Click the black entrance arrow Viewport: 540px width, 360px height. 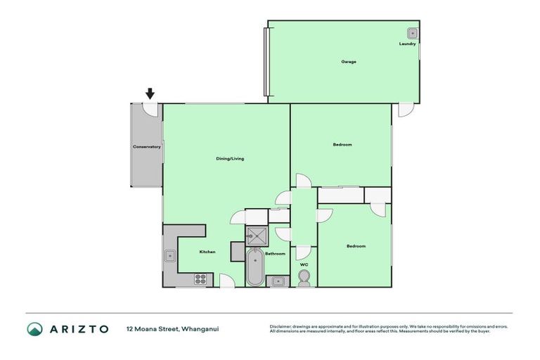tap(150, 94)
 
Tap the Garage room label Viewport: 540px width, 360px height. tap(349, 62)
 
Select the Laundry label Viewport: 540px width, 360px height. tap(408, 44)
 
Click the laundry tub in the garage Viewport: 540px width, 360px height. tap(413, 32)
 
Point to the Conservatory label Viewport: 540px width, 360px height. tap(147, 147)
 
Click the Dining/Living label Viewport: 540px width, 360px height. tap(230, 159)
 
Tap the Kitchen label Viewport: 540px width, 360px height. tap(207, 252)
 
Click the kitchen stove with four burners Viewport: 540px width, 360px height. tap(200, 278)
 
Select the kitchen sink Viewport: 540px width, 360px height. tap(170, 257)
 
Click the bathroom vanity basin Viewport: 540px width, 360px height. tap(278, 281)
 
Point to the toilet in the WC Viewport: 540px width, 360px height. tap(304, 278)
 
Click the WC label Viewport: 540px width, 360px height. tap(304, 265)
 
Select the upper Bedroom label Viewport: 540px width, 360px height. tap(342, 145)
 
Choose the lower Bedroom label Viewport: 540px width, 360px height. tap(356, 246)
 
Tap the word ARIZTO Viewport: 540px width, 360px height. tap(79, 328)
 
